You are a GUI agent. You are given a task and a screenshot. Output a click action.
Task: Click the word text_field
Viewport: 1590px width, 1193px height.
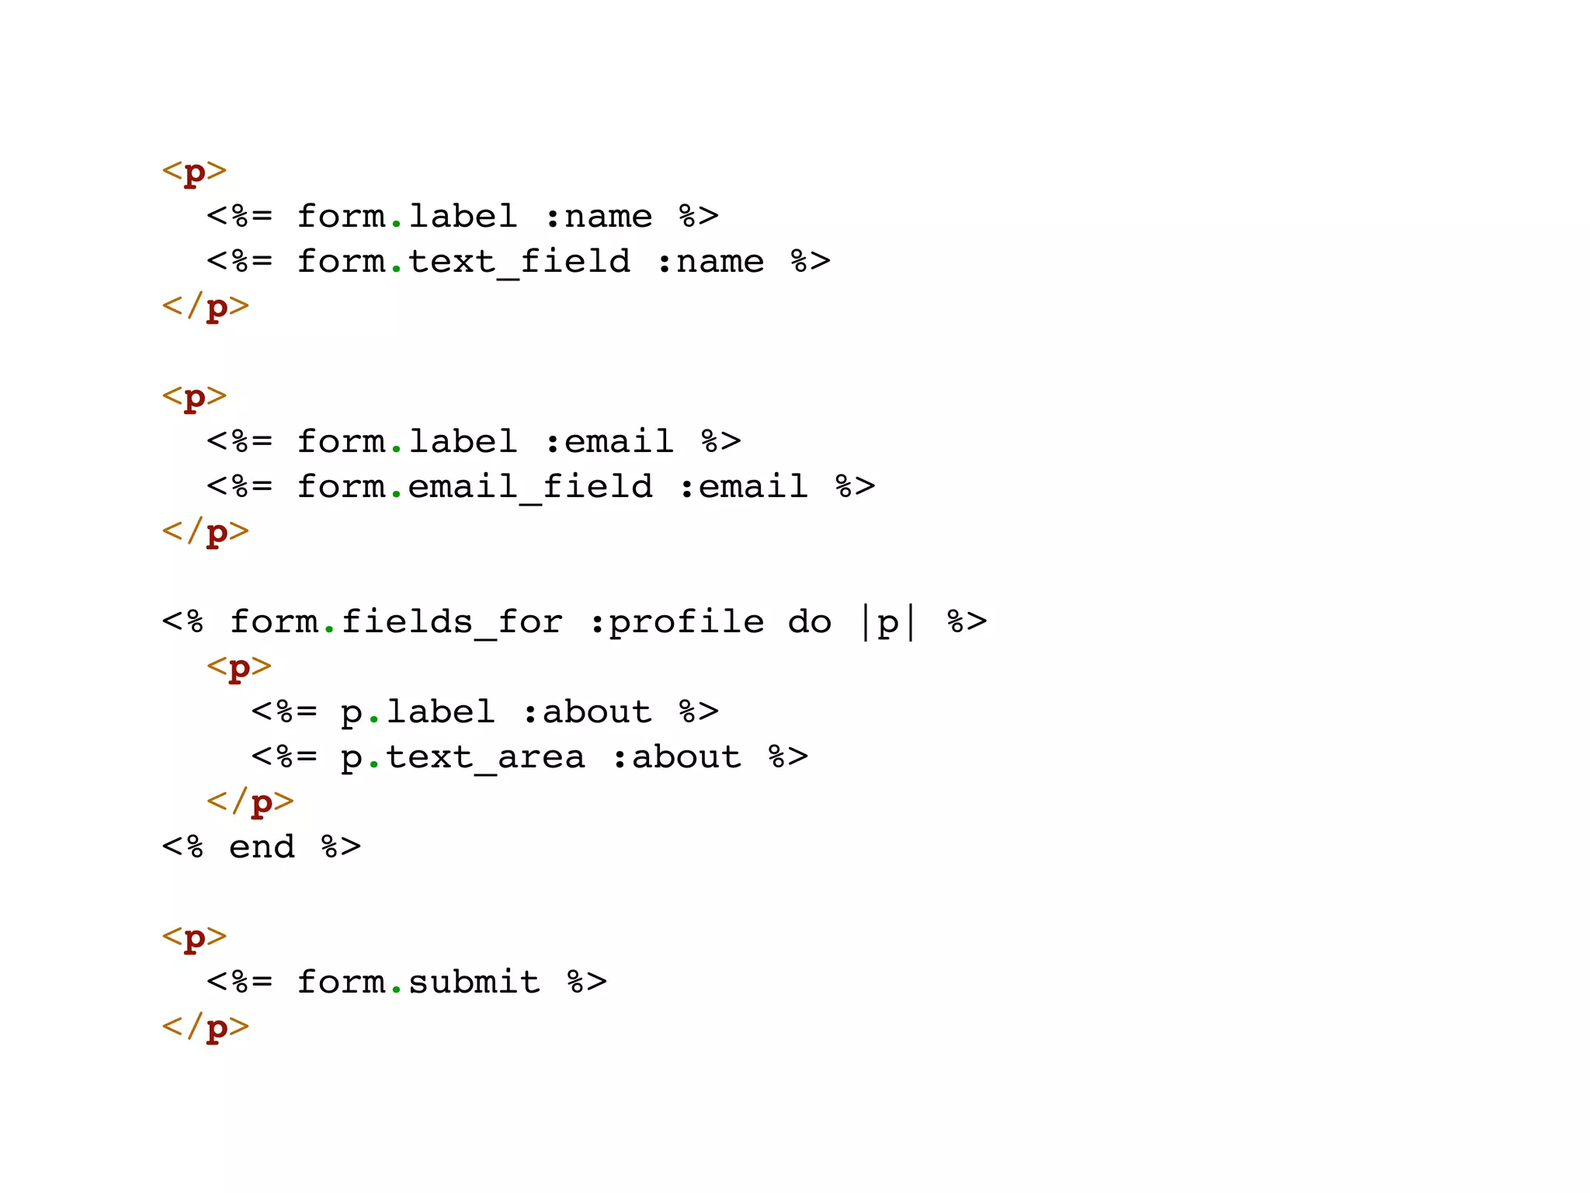coord(519,262)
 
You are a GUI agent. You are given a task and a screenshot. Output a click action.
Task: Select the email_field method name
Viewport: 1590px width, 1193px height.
coord(530,487)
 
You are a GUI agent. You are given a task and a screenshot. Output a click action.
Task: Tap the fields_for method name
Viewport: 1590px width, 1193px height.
coord(452,622)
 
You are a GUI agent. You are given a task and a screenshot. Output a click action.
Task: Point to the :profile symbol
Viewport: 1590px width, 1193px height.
coord(676,622)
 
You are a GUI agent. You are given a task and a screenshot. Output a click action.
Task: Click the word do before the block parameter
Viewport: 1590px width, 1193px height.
coord(809,622)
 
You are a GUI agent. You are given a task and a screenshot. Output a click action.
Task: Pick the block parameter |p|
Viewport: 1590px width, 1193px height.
coord(888,622)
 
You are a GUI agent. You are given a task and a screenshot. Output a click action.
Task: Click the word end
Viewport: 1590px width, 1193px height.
coord(262,847)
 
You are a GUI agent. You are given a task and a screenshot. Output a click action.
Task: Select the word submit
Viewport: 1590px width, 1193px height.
coord(474,982)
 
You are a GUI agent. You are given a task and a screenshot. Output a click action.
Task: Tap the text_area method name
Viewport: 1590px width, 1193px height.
coord(485,757)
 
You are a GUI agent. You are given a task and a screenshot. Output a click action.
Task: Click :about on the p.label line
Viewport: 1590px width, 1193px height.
coord(587,712)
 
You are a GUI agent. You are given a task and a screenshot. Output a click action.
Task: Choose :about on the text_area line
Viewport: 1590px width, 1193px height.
coord(676,757)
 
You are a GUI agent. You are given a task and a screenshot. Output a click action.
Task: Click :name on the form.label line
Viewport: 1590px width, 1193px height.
coord(598,217)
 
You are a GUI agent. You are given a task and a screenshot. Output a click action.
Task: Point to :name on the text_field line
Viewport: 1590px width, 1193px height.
coord(710,262)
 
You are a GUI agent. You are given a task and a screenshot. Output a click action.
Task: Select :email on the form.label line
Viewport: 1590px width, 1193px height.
coord(609,442)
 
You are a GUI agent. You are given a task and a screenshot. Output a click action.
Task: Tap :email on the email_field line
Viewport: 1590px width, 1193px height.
coord(743,487)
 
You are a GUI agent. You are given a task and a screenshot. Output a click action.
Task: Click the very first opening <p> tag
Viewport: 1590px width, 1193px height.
coord(194,172)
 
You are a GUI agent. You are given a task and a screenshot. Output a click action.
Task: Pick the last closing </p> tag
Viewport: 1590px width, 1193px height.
coord(206,1027)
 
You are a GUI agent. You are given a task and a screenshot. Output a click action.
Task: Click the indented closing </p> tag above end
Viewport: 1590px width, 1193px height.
coord(250,802)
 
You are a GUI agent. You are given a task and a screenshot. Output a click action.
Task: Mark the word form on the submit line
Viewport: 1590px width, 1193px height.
coord(341,982)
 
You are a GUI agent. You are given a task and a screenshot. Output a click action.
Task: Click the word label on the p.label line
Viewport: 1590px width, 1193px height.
coord(440,712)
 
